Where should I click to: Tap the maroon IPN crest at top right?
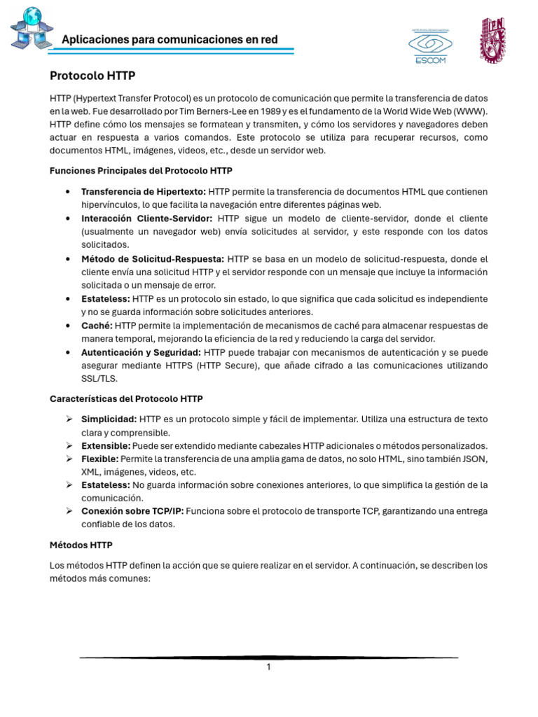492,39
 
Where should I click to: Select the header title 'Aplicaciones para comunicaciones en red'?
170,39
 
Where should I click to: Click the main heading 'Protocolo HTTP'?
92,75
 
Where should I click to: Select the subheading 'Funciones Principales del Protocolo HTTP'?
142,170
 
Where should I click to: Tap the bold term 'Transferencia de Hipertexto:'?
143,191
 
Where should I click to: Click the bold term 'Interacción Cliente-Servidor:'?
146,218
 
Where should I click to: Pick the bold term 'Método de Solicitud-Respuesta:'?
152,258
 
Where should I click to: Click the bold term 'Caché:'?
97,326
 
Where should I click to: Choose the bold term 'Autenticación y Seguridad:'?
141,352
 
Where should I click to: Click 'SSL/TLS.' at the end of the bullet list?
99,379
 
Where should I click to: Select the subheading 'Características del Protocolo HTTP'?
126,399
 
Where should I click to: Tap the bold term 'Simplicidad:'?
109,419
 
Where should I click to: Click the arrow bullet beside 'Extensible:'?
69,445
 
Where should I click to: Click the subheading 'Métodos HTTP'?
81,544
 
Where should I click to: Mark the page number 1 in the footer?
268,667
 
